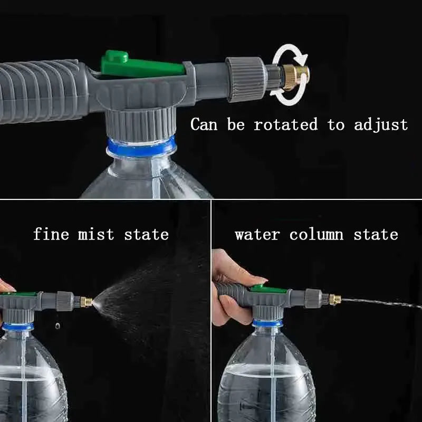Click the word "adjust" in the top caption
point(381,125)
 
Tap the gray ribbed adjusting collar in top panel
point(246,79)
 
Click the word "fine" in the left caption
point(51,234)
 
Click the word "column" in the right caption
point(316,234)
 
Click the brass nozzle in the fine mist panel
point(86,302)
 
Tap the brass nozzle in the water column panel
point(334,300)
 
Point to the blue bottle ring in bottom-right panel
point(267,323)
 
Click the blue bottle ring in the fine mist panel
point(18,326)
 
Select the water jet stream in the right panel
point(380,303)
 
